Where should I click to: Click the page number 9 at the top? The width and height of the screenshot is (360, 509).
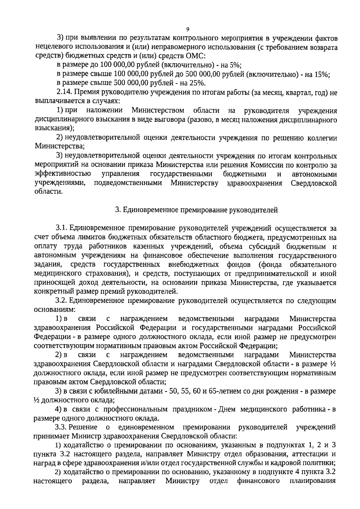pos(188,29)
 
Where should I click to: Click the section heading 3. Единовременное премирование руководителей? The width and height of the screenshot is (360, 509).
pos(196,210)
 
